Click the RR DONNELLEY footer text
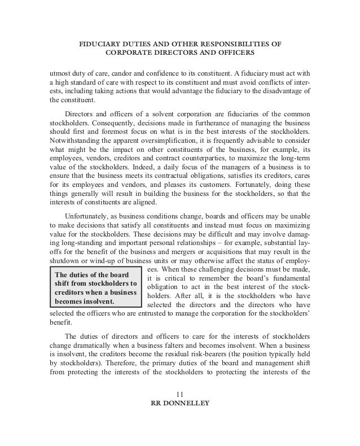[x=180, y=404]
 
